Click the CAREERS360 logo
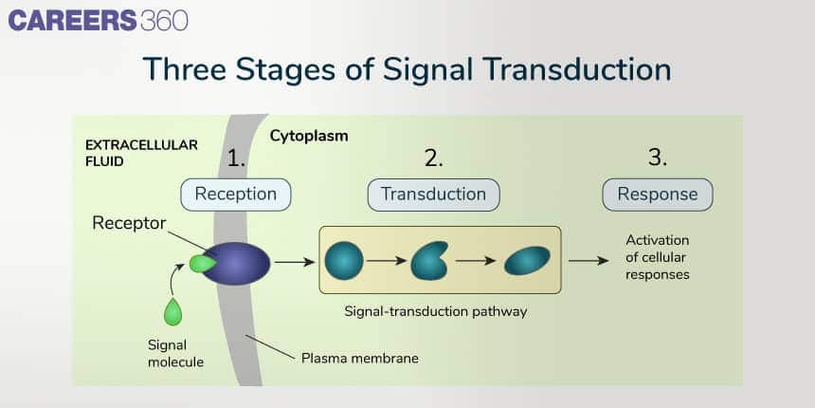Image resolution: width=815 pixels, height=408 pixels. click(x=99, y=21)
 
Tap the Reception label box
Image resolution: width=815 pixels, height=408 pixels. click(x=235, y=195)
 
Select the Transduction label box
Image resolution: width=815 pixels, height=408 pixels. click(x=433, y=195)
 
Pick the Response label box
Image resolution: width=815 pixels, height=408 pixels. click(x=658, y=195)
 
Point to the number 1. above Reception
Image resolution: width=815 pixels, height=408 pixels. click(x=236, y=158)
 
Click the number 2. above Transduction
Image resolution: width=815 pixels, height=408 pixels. click(x=433, y=158)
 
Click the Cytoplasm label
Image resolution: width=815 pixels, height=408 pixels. click(x=309, y=135)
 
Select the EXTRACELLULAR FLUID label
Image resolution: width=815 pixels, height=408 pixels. click(x=141, y=153)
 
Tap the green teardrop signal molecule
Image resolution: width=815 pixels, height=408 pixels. click(x=172, y=312)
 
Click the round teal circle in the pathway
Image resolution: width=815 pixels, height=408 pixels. click(x=344, y=260)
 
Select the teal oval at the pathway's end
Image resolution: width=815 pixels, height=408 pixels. click(x=526, y=260)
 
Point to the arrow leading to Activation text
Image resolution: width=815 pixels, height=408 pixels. click(x=589, y=260)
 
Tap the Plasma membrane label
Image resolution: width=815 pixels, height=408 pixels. click(x=359, y=359)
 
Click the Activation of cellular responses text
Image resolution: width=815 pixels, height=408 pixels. click(x=658, y=257)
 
